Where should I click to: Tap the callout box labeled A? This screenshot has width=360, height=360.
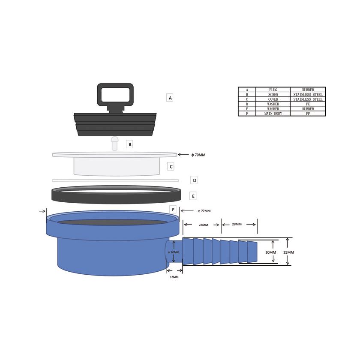[170, 98]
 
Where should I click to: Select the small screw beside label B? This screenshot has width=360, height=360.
[114, 143]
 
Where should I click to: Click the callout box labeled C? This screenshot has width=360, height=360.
[171, 167]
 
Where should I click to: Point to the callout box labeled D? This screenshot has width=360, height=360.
[194, 180]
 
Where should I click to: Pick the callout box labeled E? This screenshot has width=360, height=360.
[193, 196]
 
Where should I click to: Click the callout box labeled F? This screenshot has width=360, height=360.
[173, 210]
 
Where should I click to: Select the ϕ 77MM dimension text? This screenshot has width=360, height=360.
[204, 211]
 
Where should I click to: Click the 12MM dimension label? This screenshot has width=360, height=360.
[174, 277]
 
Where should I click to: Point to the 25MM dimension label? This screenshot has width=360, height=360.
[288, 252]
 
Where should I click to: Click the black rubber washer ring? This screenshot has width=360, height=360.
[115, 198]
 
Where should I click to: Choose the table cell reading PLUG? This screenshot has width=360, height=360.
[273, 90]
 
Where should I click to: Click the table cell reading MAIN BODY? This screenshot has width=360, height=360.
[273, 114]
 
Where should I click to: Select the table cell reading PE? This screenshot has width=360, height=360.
[308, 104]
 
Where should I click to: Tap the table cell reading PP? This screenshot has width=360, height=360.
[308, 114]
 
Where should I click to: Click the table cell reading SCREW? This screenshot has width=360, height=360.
[273, 95]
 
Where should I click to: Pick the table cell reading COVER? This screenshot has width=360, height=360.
[273, 99]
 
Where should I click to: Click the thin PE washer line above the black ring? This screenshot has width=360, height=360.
[115, 180]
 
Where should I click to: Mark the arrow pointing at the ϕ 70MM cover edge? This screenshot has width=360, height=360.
[183, 155]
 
